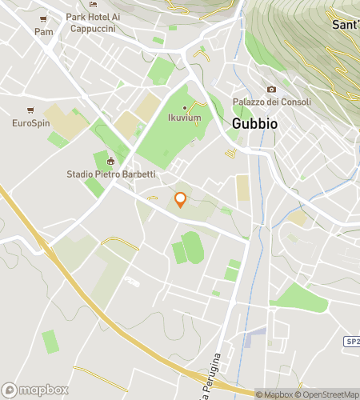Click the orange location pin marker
(180, 200)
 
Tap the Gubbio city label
(254, 124)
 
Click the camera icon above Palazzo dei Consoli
(271, 89)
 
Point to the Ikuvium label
(184, 118)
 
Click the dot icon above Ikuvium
(184, 108)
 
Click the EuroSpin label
(30, 123)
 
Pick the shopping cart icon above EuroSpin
(30, 110)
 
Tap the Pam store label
(43, 31)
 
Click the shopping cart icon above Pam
(43, 19)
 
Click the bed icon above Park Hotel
(93, 5)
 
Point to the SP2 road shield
(352, 342)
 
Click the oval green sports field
(191, 247)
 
